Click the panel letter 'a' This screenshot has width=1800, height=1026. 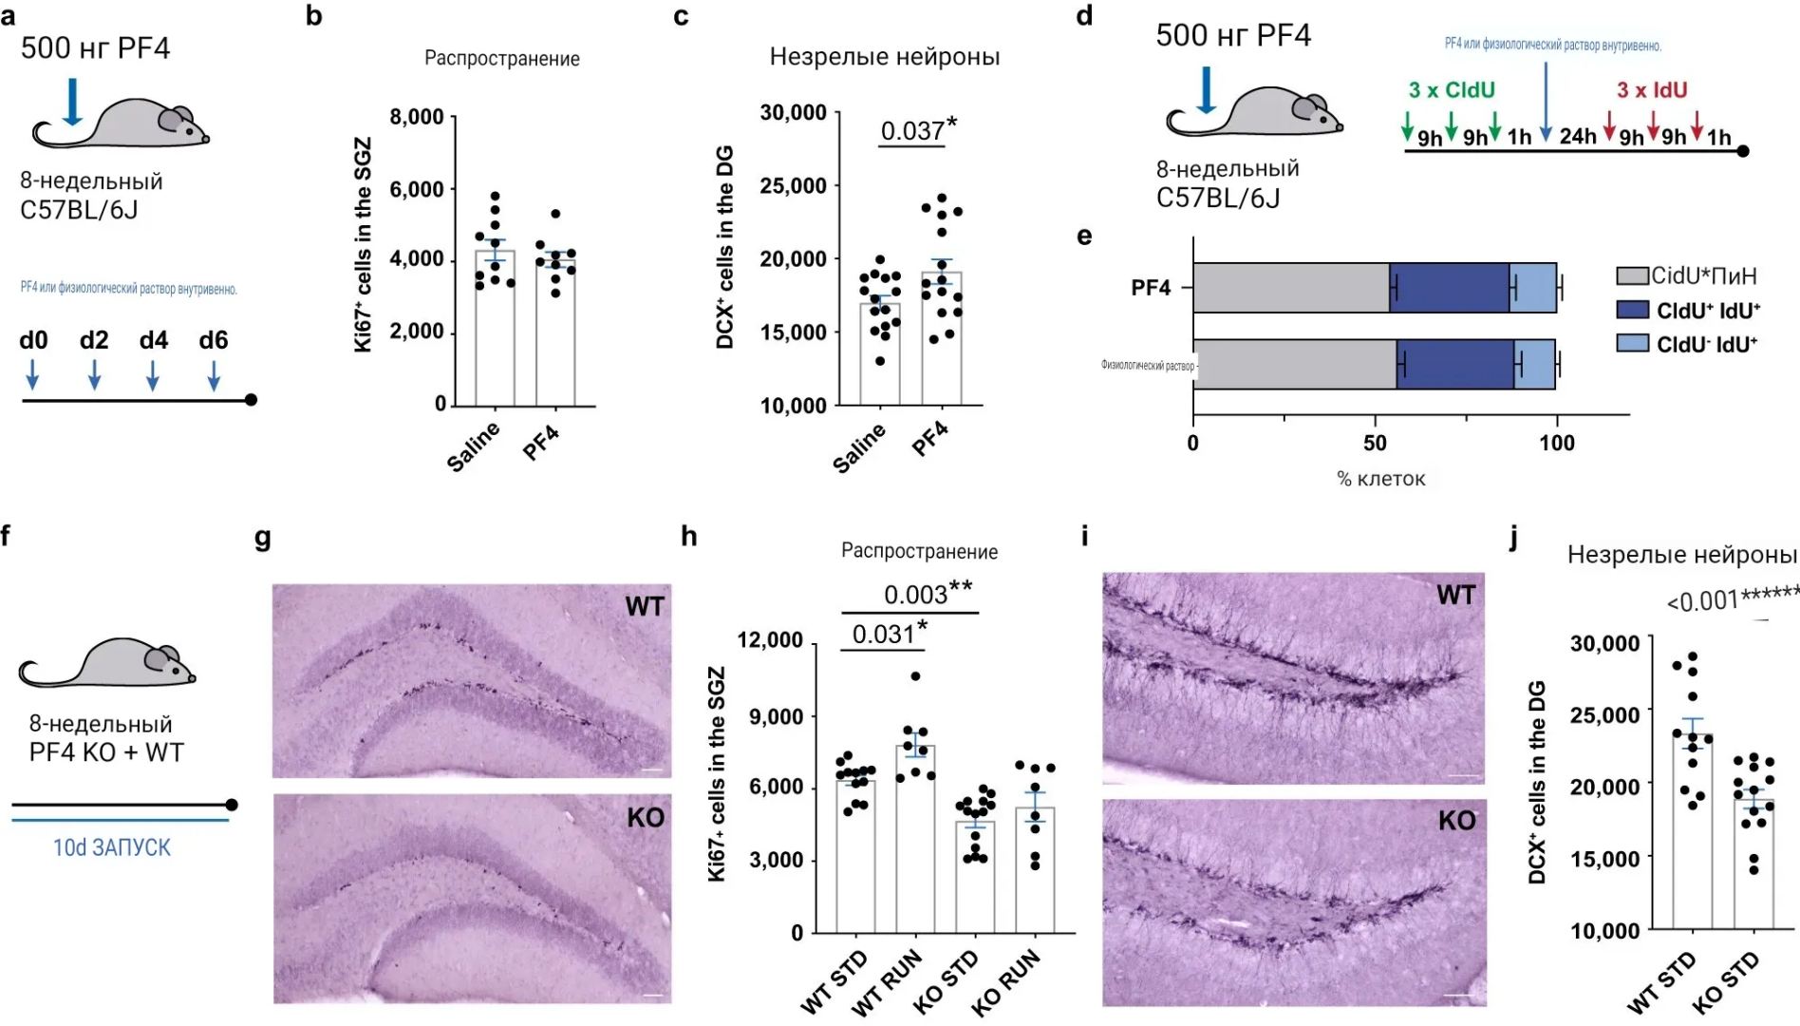point(9,16)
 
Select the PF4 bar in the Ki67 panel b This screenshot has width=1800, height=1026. point(555,332)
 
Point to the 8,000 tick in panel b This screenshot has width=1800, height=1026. point(417,117)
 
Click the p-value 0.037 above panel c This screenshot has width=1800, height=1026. point(912,131)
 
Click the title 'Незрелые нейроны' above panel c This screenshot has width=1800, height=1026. point(884,57)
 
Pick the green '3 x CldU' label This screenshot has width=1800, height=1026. point(1452,90)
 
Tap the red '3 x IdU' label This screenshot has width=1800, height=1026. point(1652,90)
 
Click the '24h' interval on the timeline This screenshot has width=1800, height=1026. point(1578,137)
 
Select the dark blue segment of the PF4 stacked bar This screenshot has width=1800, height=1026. point(1449,288)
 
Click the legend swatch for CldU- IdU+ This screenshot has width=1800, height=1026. point(1632,343)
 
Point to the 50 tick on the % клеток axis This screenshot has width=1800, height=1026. point(1375,443)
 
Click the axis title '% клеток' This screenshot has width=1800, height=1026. point(1380,479)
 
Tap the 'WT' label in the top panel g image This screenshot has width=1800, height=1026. point(644,606)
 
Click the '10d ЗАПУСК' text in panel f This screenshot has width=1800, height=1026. point(112,847)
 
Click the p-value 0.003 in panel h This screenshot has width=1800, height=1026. point(915,595)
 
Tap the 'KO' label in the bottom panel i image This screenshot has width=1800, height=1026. point(1456,821)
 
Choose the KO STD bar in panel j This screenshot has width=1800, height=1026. point(1753,864)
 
